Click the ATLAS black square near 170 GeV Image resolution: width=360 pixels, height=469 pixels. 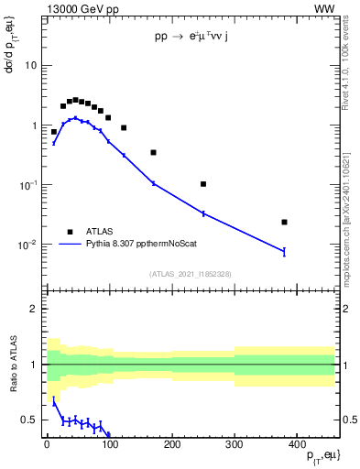(x=153, y=152)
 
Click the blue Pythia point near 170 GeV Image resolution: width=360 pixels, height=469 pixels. (x=153, y=183)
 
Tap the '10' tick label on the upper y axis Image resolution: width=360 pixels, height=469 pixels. (x=31, y=66)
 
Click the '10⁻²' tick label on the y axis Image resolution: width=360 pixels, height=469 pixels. (x=28, y=245)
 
